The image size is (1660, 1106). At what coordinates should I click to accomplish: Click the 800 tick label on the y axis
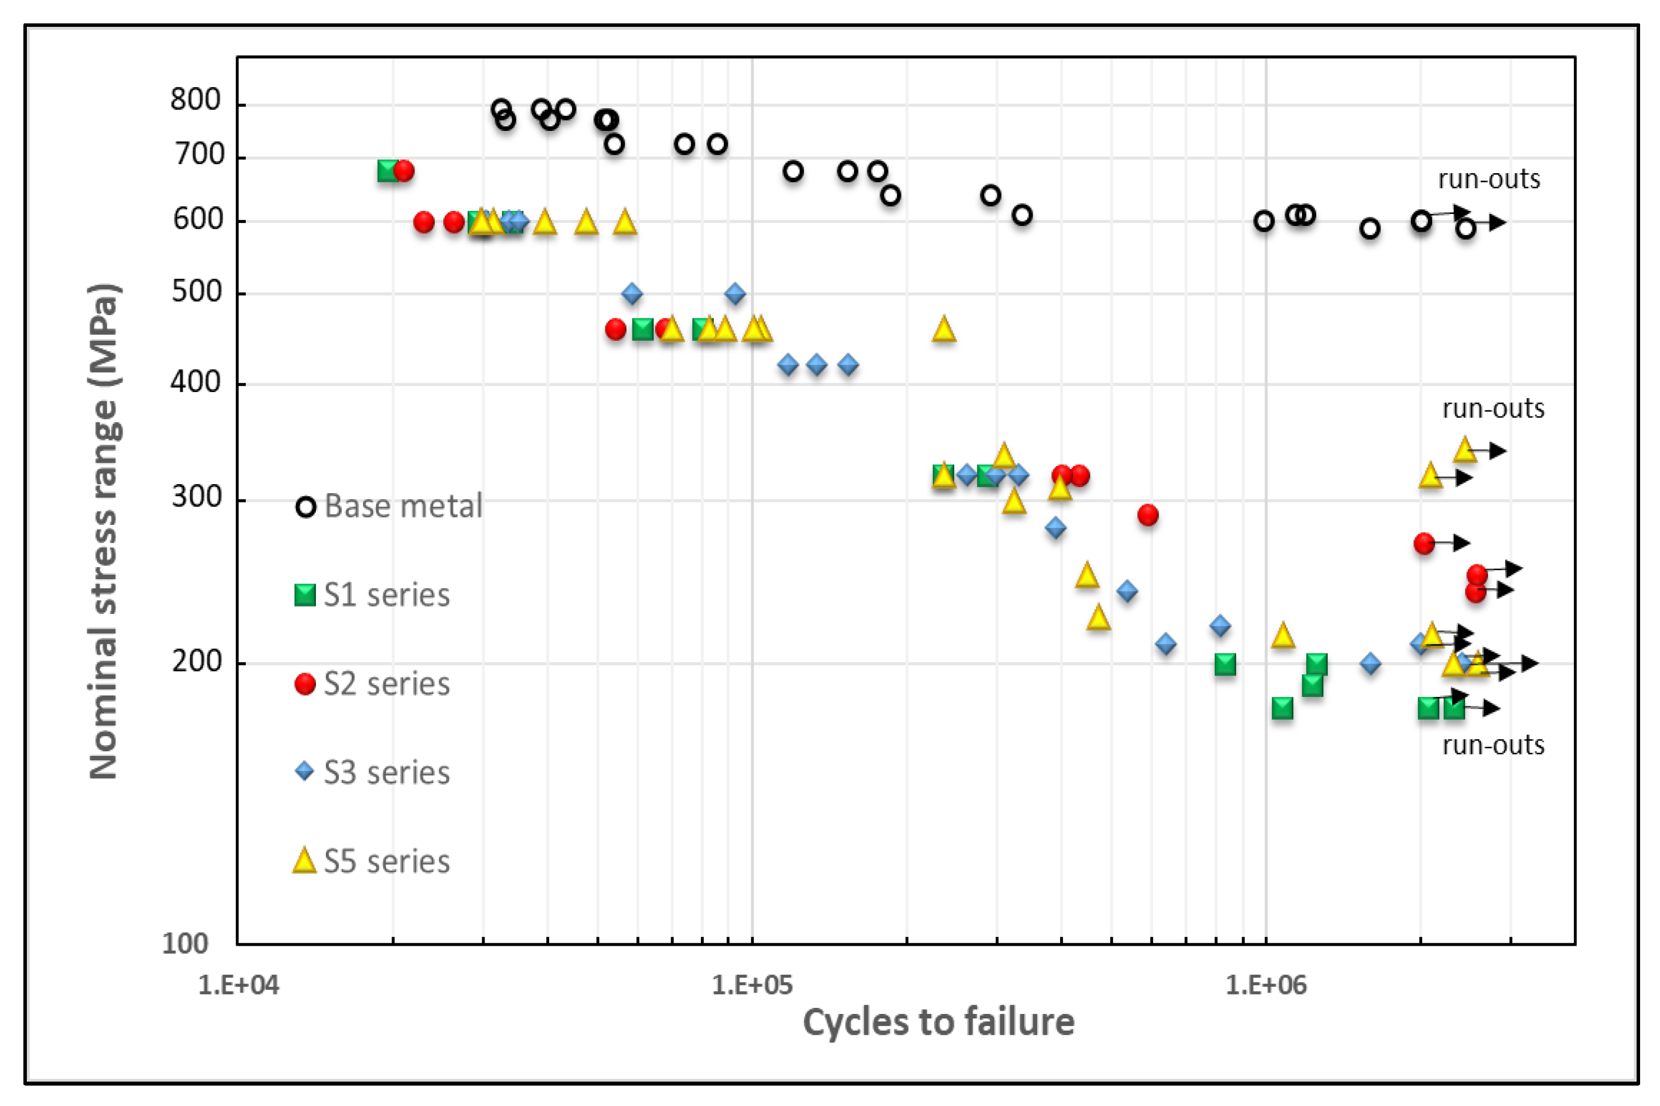tap(195, 100)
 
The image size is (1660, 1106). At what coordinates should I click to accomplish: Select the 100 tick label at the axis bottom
tap(185, 943)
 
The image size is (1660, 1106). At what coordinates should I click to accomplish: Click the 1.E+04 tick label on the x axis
tap(238, 985)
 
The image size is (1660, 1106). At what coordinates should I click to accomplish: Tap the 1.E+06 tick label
tap(1266, 985)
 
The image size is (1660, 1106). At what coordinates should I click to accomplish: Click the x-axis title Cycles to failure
tap(939, 1022)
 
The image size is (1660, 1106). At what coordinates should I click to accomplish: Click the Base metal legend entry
tap(389, 506)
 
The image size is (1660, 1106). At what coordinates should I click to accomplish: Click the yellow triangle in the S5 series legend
tap(304, 861)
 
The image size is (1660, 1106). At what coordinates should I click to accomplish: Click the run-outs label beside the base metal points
tap(1489, 179)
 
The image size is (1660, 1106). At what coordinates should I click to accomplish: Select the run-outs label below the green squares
tap(1493, 745)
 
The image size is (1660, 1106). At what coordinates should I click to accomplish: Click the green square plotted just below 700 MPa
tap(389, 171)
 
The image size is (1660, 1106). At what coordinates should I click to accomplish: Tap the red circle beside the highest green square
tap(403, 171)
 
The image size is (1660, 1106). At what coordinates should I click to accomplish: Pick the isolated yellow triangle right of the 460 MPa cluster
tap(944, 329)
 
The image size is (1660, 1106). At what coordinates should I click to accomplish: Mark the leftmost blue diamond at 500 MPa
tap(632, 294)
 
